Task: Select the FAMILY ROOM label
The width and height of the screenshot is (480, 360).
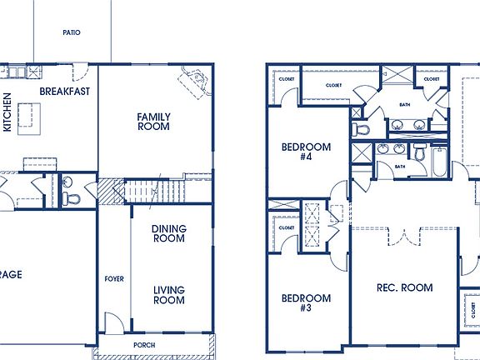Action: [x=153, y=122]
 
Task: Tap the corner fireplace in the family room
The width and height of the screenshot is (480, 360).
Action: [x=195, y=82]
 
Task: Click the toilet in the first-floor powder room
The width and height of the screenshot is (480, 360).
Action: [x=67, y=198]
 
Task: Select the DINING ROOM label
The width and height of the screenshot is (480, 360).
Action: [x=168, y=233]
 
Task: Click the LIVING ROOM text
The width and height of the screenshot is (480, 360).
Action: [x=168, y=295]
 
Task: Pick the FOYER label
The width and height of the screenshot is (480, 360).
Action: [x=113, y=278]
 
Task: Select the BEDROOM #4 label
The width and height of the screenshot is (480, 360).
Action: [x=306, y=152]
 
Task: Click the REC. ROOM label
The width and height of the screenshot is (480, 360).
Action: [x=404, y=287]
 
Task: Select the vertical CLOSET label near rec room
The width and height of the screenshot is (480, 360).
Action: [x=472, y=309]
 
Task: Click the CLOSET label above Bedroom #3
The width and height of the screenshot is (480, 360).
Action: [x=287, y=227]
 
